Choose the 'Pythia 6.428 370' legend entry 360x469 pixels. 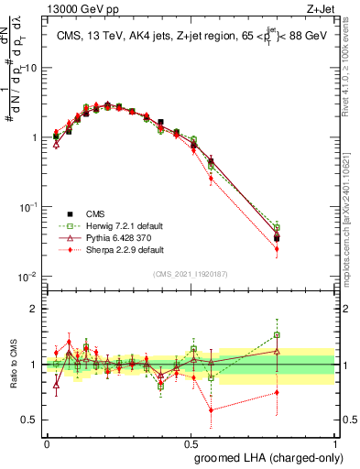coord(107,237)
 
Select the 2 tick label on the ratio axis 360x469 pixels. coord(37,309)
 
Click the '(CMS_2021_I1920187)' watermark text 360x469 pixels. coord(191,273)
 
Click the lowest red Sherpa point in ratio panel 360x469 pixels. coord(212,409)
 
